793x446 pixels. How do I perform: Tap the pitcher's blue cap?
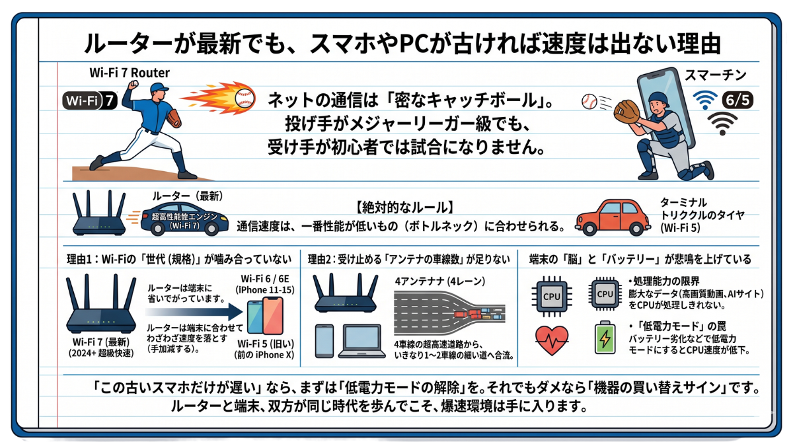[x=159, y=89]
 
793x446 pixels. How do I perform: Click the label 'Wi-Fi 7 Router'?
[x=130, y=73]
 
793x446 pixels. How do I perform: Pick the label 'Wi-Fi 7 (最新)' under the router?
[x=100, y=341]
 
